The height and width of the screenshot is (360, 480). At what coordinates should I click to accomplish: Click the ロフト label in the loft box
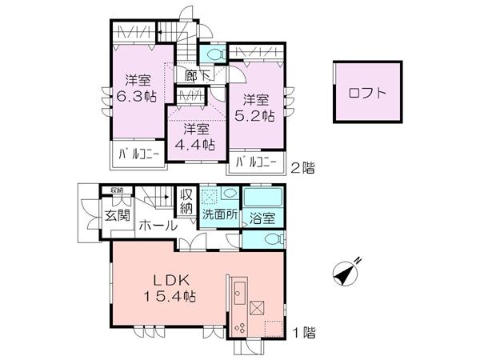[x=367, y=92]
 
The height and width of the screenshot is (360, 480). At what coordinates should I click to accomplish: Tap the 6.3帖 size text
[x=138, y=95]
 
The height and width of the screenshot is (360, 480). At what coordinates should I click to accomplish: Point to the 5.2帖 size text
[x=259, y=115]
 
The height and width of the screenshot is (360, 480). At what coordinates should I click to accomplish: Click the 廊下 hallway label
[x=197, y=77]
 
